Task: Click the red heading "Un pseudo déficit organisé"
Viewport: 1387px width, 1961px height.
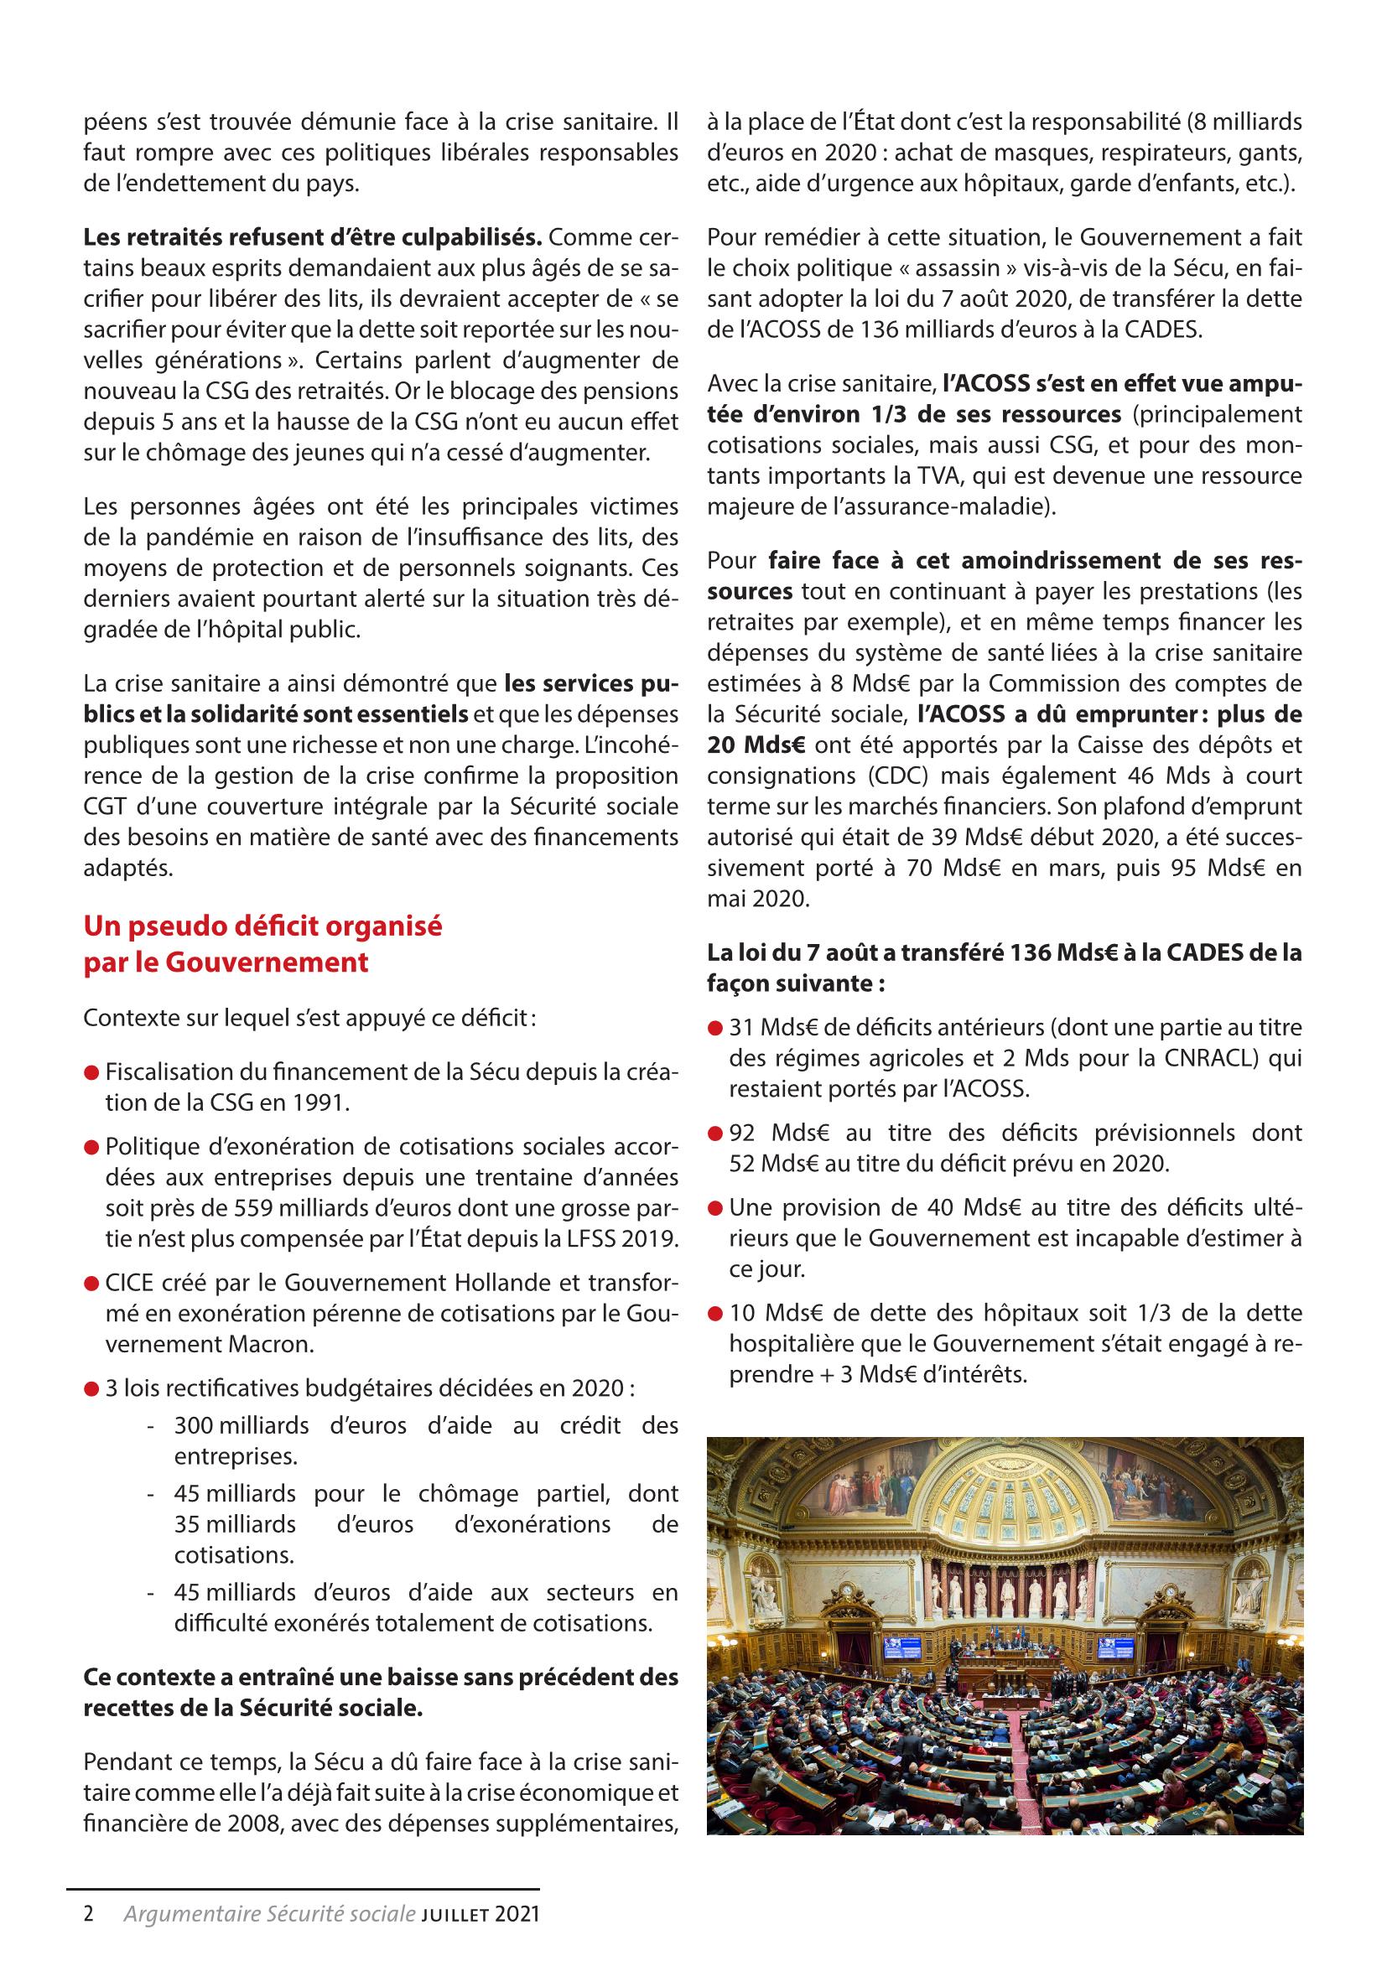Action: click(x=263, y=926)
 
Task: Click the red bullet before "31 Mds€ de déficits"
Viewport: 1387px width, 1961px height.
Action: click(x=714, y=1030)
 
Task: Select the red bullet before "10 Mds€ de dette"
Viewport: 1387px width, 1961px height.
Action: click(x=714, y=1315)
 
